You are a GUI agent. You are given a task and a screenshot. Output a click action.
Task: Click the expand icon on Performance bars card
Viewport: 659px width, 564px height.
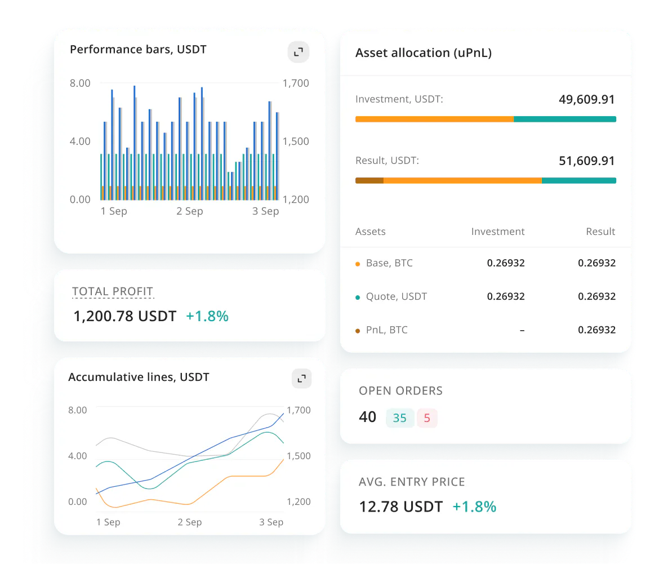tap(299, 52)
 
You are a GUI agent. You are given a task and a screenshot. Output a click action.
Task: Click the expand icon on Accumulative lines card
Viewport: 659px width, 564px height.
tap(301, 378)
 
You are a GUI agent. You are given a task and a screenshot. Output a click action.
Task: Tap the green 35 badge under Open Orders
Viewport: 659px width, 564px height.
tap(400, 418)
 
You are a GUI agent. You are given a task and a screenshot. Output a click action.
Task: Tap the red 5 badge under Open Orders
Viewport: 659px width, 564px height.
tap(427, 418)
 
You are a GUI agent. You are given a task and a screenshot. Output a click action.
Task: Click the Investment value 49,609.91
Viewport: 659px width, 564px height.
tap(586, 100)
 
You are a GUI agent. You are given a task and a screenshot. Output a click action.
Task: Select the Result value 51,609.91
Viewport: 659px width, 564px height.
tap(586, 161)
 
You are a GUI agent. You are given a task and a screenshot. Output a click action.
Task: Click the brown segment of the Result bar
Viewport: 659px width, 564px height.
tap(369, 180)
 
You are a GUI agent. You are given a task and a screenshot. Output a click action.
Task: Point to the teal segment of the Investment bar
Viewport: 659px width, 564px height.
tap(564, 119)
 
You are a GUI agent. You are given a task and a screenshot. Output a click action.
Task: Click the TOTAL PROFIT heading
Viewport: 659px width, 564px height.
tap(113, 292)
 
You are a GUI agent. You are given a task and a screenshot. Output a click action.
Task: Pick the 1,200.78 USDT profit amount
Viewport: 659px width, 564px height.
tap(125, 317)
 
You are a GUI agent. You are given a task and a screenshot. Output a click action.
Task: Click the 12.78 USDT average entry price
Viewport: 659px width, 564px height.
tap(401, 507)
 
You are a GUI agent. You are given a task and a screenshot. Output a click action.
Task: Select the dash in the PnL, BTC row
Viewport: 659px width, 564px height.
tap(522, 330)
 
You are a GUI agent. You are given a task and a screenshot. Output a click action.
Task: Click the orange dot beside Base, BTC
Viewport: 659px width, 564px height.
tap(358, 264)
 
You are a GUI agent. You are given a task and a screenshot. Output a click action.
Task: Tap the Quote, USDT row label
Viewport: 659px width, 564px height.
tap(397, 296)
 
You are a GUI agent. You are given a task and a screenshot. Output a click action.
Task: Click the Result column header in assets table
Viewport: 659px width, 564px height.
tap(600, 232)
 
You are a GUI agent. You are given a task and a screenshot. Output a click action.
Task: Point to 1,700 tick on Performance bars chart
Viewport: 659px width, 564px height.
tap(296, 83)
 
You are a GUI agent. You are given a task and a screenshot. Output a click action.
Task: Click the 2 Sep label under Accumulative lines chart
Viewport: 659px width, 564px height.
tap(190, 522)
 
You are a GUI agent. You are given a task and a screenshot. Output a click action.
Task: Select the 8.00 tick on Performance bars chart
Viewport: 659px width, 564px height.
tap(80, 83)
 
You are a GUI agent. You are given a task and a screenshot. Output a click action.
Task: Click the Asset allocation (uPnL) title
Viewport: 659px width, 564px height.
tap(424, 53)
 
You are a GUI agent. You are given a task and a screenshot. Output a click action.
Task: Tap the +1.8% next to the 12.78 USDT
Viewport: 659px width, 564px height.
tap(474, 507)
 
